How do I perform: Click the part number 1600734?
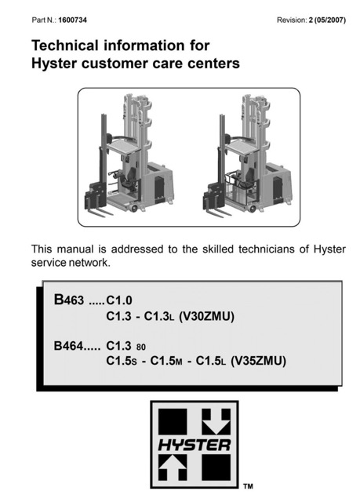(72, 20)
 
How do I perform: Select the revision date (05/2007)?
(329, 20)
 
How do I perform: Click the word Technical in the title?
(65, 45)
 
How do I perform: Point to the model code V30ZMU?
(206, 316)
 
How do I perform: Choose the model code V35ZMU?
(258, 361)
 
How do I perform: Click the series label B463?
(69, 300)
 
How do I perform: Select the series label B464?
(68, 346)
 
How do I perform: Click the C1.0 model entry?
(119, 300)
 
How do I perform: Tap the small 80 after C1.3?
(141, 347)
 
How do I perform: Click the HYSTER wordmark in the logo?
(195, 445)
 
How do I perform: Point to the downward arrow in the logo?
(216, 421)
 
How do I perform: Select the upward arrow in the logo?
(173, 467)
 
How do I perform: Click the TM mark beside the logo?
(248, 486)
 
